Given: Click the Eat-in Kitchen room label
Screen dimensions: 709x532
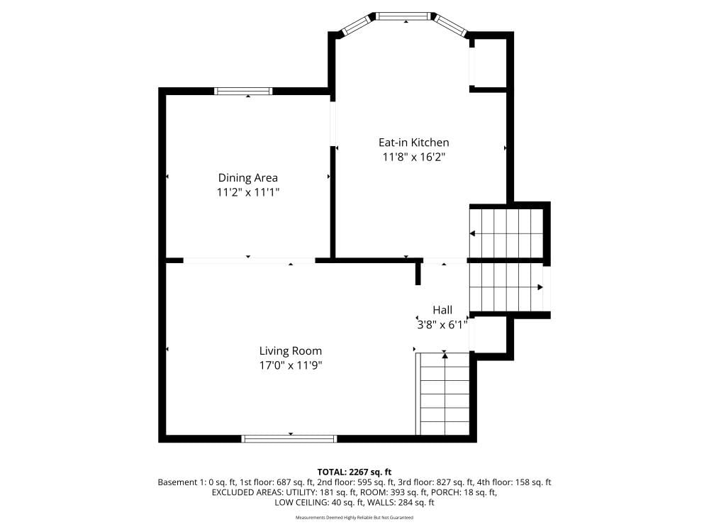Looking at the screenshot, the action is pos(414,143).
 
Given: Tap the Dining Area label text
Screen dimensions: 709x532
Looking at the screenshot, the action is pos(247,178).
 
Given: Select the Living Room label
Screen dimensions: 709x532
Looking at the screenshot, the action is pos(290,351).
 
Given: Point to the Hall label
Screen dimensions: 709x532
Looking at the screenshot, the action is pos(442,310).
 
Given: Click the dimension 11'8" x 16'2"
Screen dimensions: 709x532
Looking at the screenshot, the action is pos(414,157).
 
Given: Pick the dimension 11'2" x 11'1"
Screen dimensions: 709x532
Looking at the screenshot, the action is pos(247,193).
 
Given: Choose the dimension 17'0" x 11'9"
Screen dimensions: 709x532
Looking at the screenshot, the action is pos(290,365).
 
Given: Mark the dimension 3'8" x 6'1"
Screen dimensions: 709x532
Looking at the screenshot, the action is pos(442,325).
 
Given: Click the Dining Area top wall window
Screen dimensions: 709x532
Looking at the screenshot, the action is pos(243,91).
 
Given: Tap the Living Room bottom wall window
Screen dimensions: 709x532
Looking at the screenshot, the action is pos(289,438).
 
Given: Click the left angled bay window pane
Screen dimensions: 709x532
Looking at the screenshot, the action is pos(357,26).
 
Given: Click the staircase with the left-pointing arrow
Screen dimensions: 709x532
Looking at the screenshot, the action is pos(506,233).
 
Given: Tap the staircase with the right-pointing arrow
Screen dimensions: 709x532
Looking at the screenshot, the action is pos(506,287).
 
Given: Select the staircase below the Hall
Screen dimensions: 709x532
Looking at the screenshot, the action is pos(445,394).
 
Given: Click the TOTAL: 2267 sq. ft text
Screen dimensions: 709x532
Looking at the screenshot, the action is pos(354,472).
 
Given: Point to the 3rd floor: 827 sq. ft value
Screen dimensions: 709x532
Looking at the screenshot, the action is pos(436,482).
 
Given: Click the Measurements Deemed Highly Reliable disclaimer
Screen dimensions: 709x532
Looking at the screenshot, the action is pos(354,518).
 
